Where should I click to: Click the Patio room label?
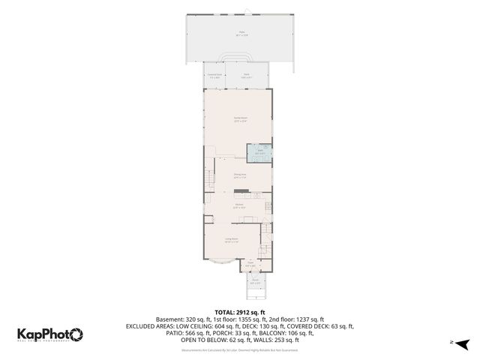tap(241, 33)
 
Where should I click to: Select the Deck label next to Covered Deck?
tap(247, 75)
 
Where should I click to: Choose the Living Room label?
tap(232, 241)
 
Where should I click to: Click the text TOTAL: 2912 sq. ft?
tap(239, 311)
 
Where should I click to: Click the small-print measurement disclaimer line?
tap(239, 349)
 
